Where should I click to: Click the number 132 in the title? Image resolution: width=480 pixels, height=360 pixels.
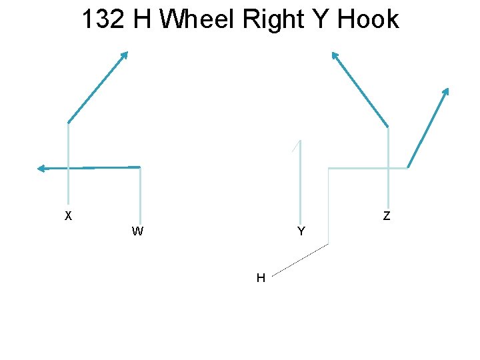[x=103, y=19]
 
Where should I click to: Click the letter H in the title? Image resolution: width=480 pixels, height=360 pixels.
[x=142, y=19]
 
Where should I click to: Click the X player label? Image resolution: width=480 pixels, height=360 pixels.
[x=68, y=215]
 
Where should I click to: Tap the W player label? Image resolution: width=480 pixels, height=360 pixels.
[x=137, y=231]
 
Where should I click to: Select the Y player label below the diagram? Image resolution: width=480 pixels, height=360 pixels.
[x=301, y=231]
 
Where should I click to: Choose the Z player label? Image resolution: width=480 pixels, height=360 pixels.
[x=387, y=215]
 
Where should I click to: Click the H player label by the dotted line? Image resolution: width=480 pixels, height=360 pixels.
[x=261, y=277]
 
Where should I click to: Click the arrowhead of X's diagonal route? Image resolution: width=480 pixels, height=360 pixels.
[x=124, y=55]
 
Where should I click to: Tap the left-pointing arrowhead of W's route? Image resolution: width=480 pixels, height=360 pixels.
[x=41, y=169]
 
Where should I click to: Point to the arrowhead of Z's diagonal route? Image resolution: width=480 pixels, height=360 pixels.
[x=335, y=55]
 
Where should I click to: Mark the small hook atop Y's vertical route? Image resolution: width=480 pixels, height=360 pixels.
[x=297, y=145]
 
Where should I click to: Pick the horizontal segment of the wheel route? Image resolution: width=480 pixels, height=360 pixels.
[x=367, y=169]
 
